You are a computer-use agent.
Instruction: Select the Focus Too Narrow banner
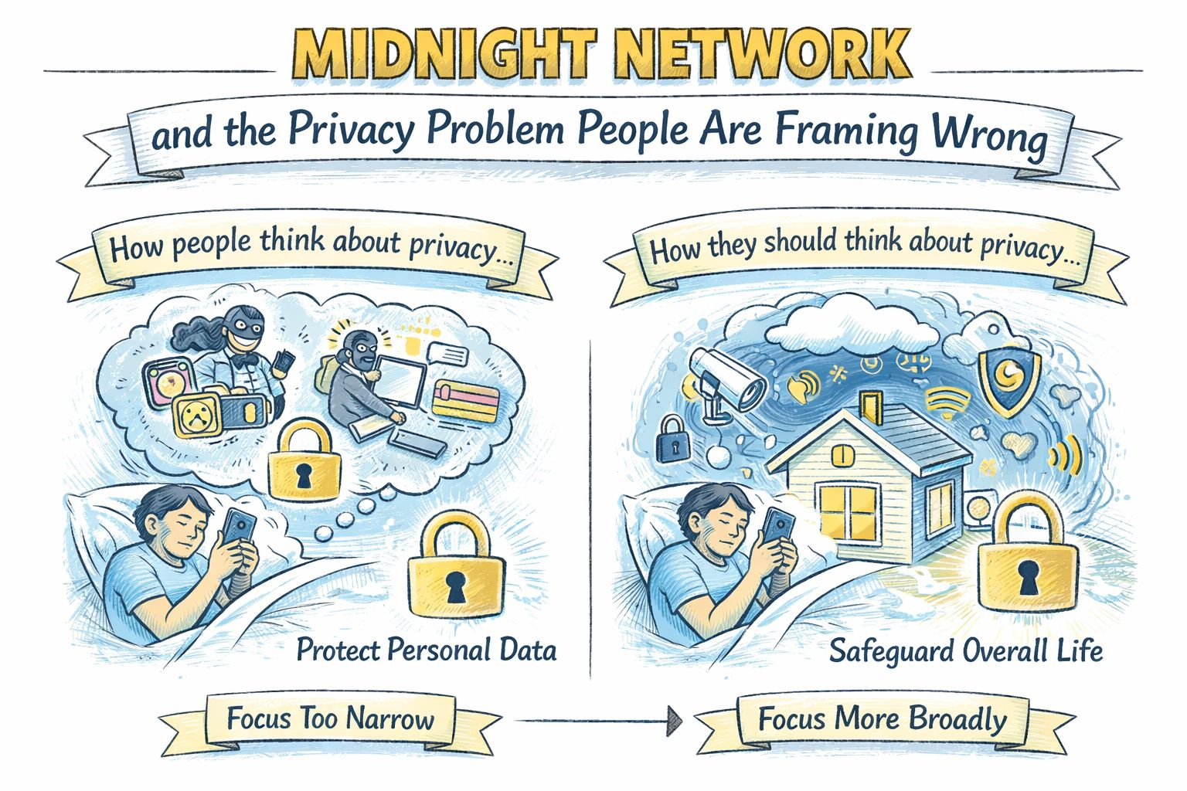click(331, 720)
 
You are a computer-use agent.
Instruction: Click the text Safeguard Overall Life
click(965, 650)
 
